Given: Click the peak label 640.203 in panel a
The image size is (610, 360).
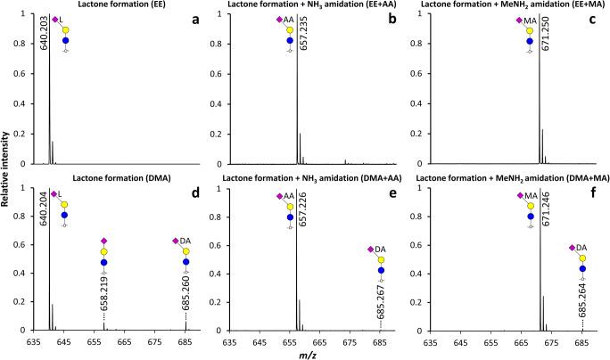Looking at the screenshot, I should click(x=43, y=48).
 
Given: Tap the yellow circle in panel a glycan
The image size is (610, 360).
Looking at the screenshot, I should click(x=64, y=32).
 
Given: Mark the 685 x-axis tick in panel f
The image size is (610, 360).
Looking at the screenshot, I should click(x=582, y=340).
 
